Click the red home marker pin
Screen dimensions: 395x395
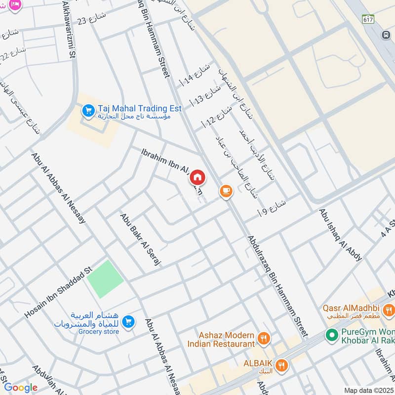(197, 177)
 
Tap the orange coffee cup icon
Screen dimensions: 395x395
(226, 191)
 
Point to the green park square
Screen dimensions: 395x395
(105, 279)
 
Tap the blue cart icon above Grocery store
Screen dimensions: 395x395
(128, 321)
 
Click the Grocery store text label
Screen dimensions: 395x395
(99, 332)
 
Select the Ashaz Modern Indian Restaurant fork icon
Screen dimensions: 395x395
(264, 339)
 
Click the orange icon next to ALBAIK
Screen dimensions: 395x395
(282, 365)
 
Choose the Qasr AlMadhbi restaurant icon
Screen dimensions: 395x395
(389, 310)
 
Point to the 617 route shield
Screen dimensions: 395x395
(367, 19)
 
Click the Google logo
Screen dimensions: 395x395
(21, 388)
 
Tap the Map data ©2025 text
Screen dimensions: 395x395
(368, 390)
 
